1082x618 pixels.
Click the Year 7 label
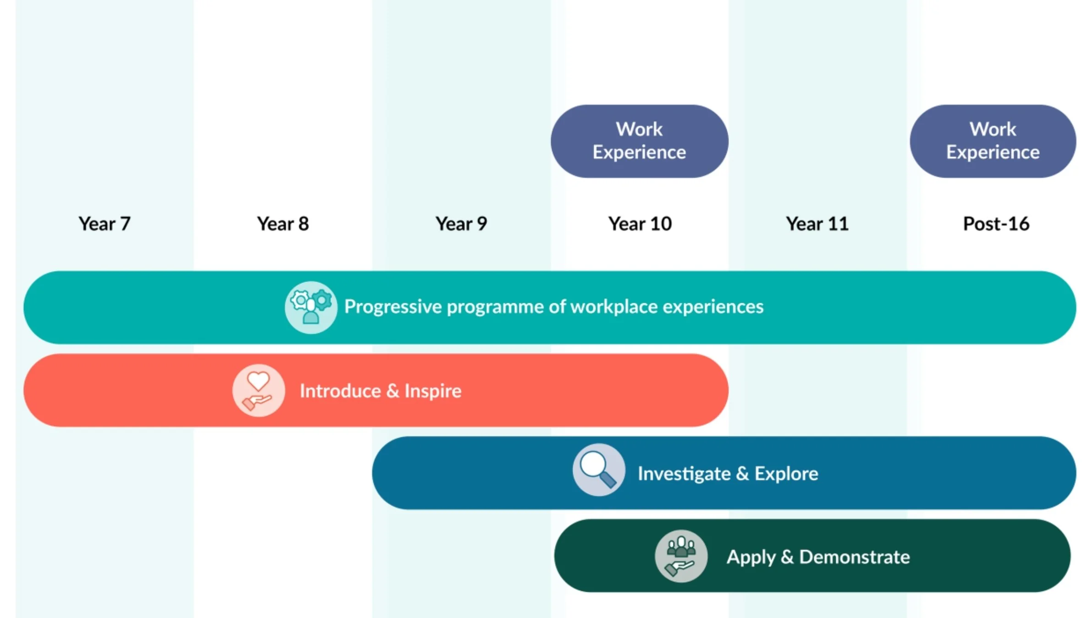pos(105,224)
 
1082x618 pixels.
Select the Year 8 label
pos(283,224)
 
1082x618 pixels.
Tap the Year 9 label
pos(461,224)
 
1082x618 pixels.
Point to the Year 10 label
pos(640,224)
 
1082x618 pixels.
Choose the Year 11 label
pos(817,224)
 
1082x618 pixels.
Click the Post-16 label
pos(996,224)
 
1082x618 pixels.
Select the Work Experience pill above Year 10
pos(639,141)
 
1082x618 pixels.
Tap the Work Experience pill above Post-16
pos(993,141)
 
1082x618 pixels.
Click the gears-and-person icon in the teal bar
pos(311,307)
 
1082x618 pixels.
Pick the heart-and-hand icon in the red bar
pos(258,390)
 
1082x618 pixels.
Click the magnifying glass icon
pos(598,469)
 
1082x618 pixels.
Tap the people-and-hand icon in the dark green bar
pos(681,556)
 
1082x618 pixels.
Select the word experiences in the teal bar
pos(713,307)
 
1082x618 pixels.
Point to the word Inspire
pos(432,391)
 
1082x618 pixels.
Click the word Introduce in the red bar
pos(340,391)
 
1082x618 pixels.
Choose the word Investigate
pos(684,474)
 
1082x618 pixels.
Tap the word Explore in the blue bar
pos(786,474)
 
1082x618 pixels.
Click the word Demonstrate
pos(854,557)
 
